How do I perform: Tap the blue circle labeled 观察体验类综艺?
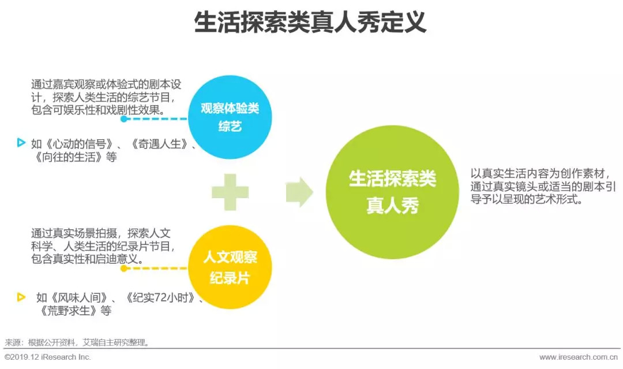coord(230,117)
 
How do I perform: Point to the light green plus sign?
coord(230,192)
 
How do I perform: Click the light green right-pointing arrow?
coord(299,192)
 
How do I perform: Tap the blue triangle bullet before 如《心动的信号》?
coord(21,143)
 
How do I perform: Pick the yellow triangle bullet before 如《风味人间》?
coord(21,297)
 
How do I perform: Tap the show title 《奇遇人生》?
coord(161,144)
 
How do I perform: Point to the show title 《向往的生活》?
coord(70,156)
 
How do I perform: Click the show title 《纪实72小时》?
coord(164,299)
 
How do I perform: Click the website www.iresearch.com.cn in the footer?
coord(579,357)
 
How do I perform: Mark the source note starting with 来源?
coord(77,342)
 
